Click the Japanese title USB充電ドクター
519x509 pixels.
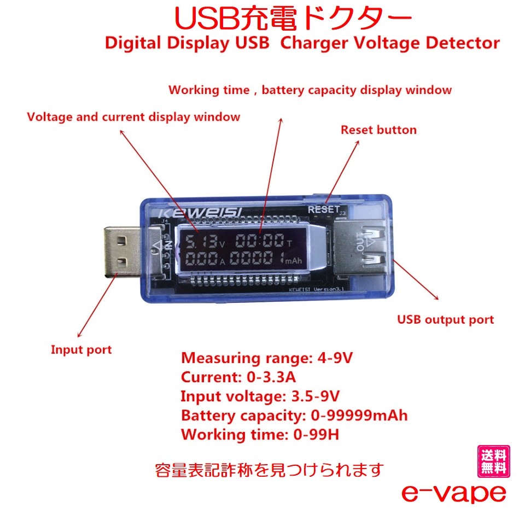(x=293, y=20)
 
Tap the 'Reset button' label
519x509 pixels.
(x=378, y=130)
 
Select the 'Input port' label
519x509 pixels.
(x=81, y=350)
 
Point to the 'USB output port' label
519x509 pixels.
(x=445, y=320)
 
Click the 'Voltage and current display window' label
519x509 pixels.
(x=133, y=116)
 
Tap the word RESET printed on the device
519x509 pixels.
(x=323, y=209)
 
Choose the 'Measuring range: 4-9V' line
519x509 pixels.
(x=267, y=359)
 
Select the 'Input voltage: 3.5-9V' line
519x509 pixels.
(x=264, y=396)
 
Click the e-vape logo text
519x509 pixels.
(x=453, y=493)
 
